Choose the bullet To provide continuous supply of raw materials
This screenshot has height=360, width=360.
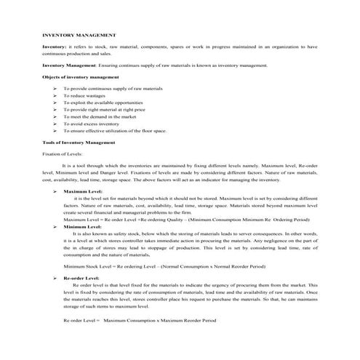pyautogui.click(x=123, y=88)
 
